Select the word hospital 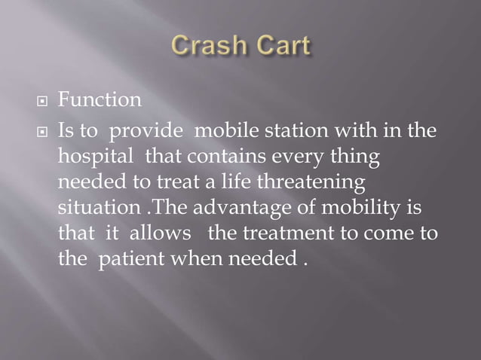94,157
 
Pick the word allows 161,233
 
